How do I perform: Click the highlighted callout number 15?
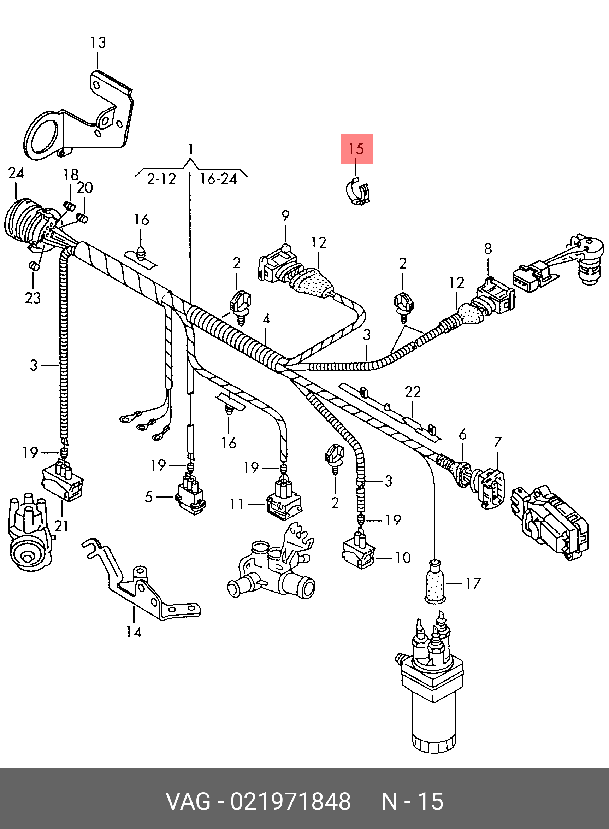pos(356,149)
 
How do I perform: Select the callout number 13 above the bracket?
pos(98,42)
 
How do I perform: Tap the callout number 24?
pos(16,173)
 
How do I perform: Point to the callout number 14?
pos(134,632)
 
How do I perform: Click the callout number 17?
pos(473,583)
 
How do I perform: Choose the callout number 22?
pos(413,392)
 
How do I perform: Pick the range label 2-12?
pos(161,179)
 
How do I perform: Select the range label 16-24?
pos(218,179)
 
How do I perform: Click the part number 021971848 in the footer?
pos(290,801)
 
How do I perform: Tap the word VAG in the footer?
pos(188,801)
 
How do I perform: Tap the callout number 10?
pos(403,558)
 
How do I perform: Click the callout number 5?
pos(149,497)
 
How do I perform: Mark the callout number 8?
pos(488,249)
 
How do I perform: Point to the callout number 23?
pos(33,298)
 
